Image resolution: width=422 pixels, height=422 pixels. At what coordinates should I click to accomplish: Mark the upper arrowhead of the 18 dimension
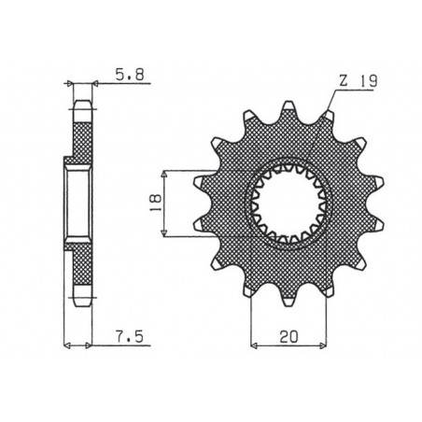(x=164, y=174)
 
